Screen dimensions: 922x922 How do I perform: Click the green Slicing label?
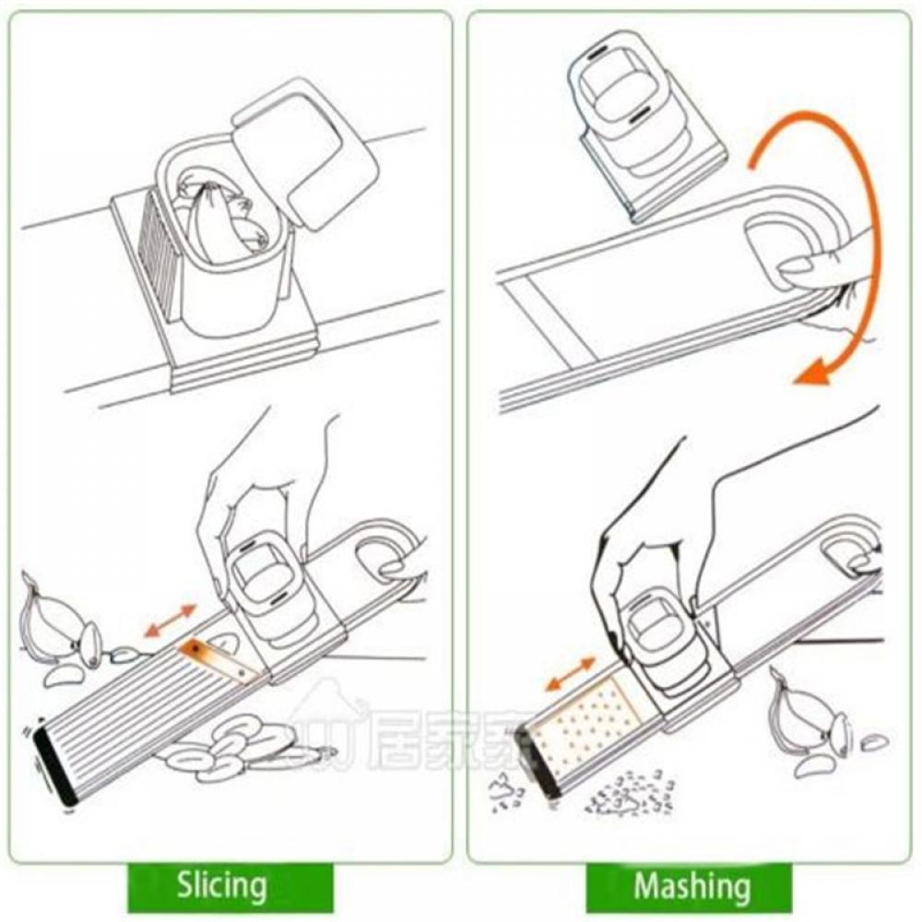pos(222,886)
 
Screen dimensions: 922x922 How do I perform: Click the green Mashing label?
pos(691,886)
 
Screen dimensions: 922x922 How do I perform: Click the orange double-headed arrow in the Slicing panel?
pos(171,620)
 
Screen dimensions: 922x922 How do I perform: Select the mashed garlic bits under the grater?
pos(627,793)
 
